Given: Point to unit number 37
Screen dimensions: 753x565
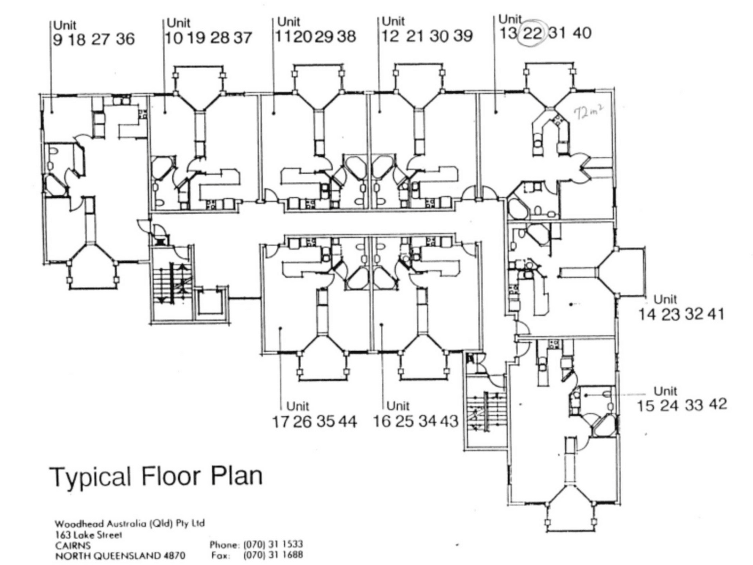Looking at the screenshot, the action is tap(243, 37).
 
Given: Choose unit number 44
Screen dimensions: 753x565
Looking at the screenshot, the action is tap(347, 421).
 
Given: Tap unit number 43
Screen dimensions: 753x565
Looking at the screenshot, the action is tap(449, 421).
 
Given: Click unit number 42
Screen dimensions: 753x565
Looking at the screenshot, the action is tap(718, 404).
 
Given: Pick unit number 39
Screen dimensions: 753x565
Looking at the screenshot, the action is tap(463, 36).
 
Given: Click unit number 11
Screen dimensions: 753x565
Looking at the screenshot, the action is tap(283, 36).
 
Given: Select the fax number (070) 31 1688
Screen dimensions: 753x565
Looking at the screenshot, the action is tap(273, 555).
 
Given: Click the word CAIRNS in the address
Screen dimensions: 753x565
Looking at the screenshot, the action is tap(73, 545).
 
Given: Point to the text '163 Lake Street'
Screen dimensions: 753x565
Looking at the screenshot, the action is tap(88, 535).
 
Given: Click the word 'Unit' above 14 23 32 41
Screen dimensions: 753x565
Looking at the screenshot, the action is tap(665, 299).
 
